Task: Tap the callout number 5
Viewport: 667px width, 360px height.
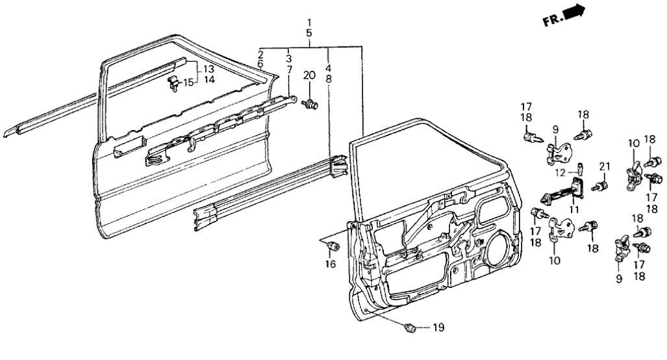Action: tap(310, 33)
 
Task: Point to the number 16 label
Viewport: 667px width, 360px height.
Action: tap(330, 264)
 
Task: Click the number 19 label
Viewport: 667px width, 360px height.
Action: tap(438, 328)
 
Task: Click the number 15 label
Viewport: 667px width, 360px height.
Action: tap(188, 83)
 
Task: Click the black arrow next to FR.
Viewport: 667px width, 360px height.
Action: tap(575, 11)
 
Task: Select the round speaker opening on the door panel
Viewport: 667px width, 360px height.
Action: tap(497, 244)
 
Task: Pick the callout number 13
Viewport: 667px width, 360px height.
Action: tap(208, 70)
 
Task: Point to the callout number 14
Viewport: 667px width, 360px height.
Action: tap(208, 79)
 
